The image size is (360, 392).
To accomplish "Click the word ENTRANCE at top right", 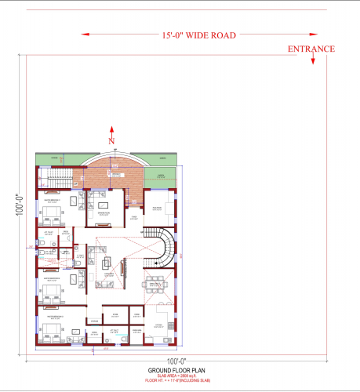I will [311, 49].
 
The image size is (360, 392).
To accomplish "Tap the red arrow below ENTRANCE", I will [312, 60].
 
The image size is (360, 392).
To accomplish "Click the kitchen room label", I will [158, 325].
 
